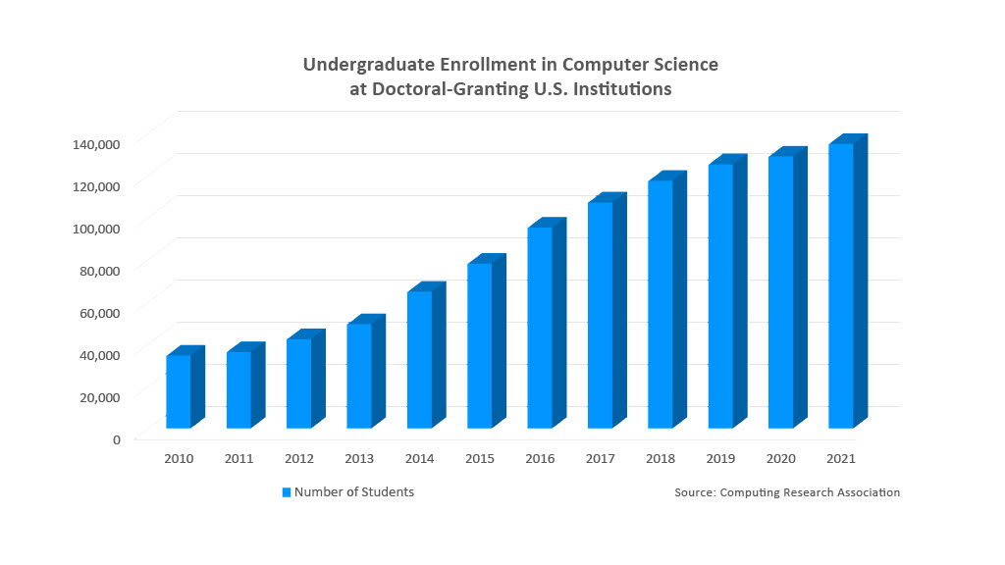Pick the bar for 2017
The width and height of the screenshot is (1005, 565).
click(601, 314)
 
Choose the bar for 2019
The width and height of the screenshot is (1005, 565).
click(721, 295)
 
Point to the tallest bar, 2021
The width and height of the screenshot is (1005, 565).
click(841, 285)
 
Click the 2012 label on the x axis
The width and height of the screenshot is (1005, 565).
click(299, 458)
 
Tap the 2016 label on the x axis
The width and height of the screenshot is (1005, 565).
click(540, 458)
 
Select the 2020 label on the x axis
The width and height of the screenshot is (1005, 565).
click(781, 458)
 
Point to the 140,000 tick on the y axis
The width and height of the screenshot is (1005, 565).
click(96, 143)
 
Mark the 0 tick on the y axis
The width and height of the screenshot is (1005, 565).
click(116, 438)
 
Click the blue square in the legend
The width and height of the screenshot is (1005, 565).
click(287, 492)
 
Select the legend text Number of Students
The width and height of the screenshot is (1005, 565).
click(354, 492)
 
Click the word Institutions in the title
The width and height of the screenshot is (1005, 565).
click(626, 88)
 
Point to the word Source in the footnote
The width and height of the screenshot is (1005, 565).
click(694, 492)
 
